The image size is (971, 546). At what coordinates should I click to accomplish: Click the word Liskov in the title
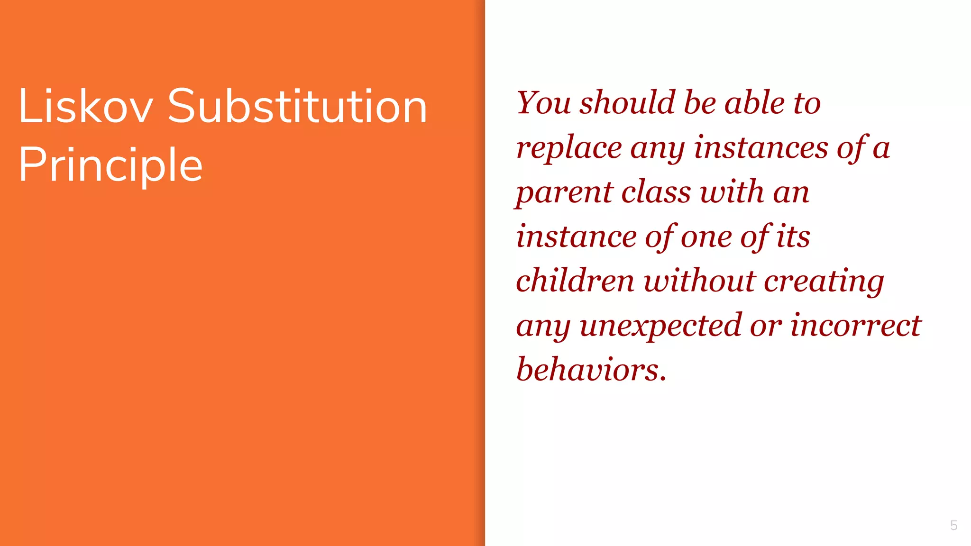pyautogui.click(x=86, y=107)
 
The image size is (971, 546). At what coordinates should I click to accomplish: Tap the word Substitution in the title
pyautogui.click(x=297, y=107)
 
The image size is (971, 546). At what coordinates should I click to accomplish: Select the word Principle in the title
pyautogui.click(x=110, y=165)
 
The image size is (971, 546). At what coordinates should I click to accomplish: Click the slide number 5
pyautogui.click(x=953, y=525)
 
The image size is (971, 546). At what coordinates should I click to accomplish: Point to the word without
pyautogui.click(x=699, y=280)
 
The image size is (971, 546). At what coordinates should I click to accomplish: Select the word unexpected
pyautogui.click(x=660, y=327)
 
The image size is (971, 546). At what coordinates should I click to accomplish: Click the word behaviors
pyautogui.click(x=591, y=369)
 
